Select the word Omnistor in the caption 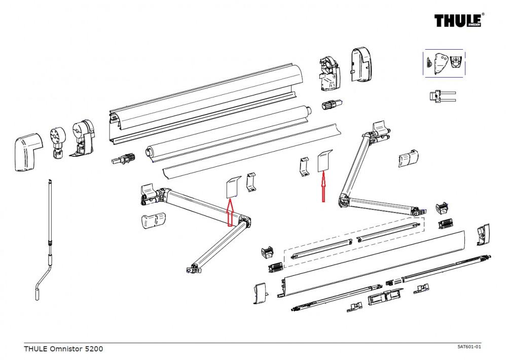tap(65, 349)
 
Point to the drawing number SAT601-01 tap(468, 346)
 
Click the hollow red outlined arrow tap(229, 211)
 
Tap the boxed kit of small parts tap(444, 63)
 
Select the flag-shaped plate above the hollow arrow tap(232, 186)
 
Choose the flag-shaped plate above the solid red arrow tap(323, 161)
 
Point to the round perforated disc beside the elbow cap tap(57, 138)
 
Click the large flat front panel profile tap(375, 264)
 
